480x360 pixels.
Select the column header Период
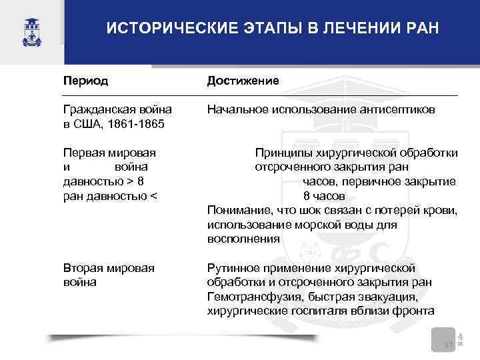click(86, 81)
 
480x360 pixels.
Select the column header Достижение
click(243, 81)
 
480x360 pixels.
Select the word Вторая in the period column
click(83, 268)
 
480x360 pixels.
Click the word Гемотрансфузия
click(254, 297)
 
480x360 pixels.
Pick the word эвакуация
click(387, 297)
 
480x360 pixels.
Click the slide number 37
click(449, 344)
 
